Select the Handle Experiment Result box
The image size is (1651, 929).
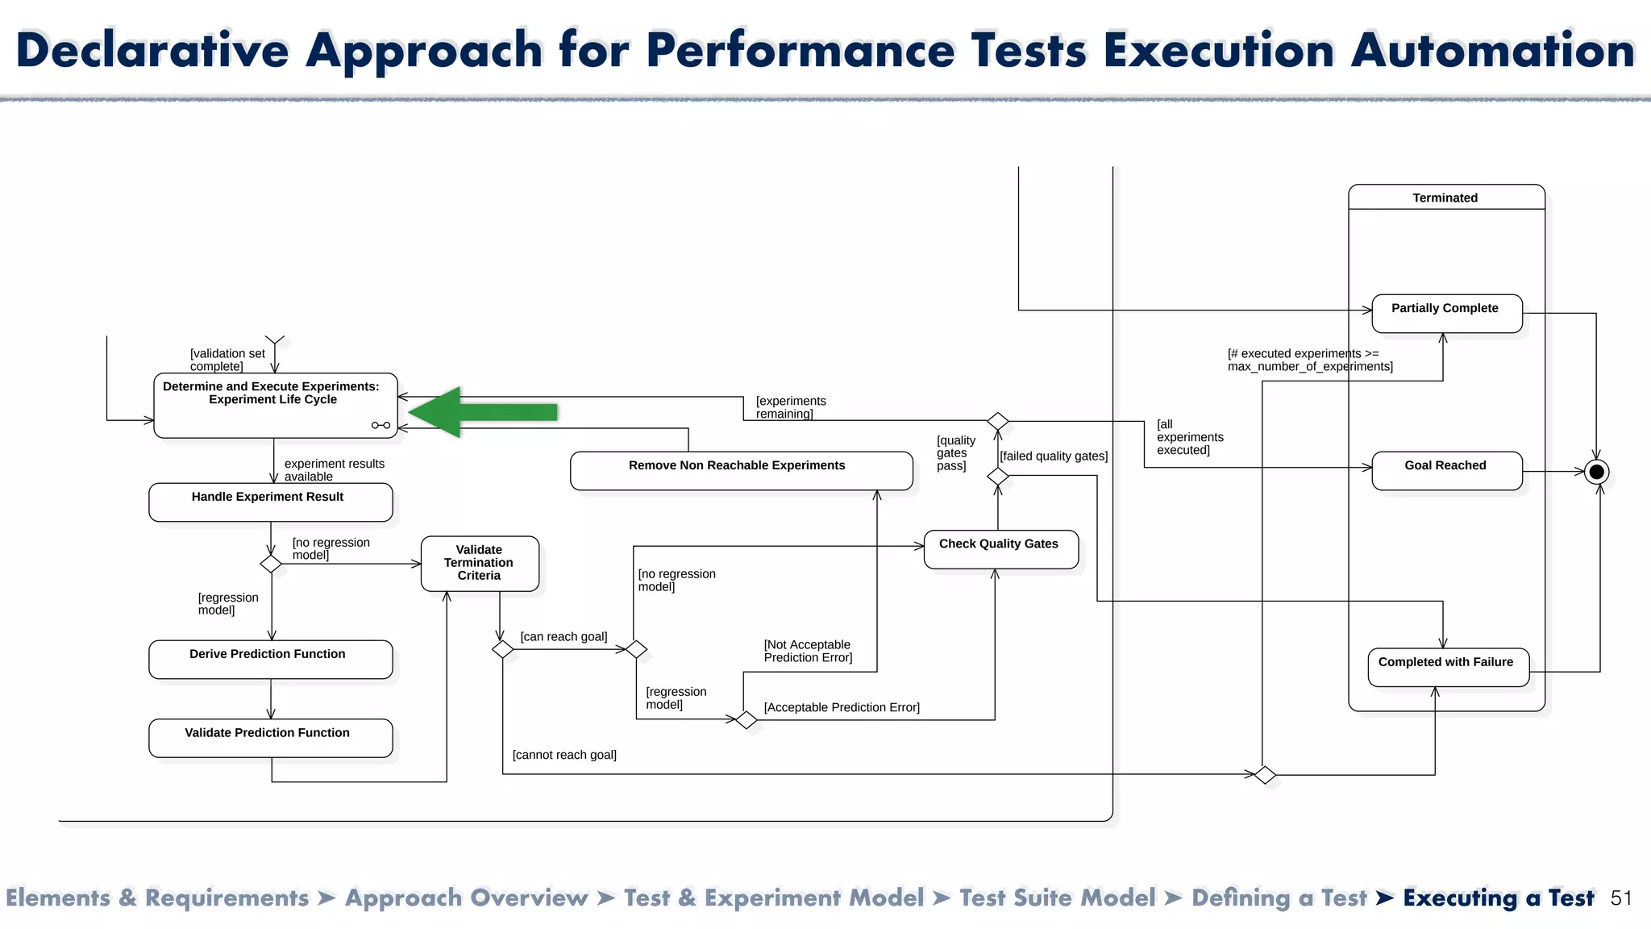click(270, 502)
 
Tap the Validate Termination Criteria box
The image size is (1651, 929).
click(480, 563)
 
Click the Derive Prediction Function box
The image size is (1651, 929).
click(270, 659)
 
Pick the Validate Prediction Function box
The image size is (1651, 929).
click(270, 738)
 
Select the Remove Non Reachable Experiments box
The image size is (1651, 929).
click(740, 471)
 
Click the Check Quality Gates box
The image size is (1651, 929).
click(1000, 549)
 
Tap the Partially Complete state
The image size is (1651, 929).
click(1446, 314)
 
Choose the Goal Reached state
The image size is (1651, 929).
click(1446, 471)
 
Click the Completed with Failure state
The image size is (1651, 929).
click(1447, 667)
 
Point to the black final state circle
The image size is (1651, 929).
click(1596, 472)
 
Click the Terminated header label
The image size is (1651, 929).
click(1445, 198)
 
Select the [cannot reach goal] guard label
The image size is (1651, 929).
click(564, 755)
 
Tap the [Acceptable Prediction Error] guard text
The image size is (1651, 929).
click(842, 707)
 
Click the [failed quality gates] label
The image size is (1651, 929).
click(1054, 456)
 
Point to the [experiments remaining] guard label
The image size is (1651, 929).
click(790, 407)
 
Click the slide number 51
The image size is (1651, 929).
click(1621, 898)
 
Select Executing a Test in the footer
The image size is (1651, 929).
click(1498, 898)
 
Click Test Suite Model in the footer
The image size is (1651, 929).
click(1057, 898)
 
